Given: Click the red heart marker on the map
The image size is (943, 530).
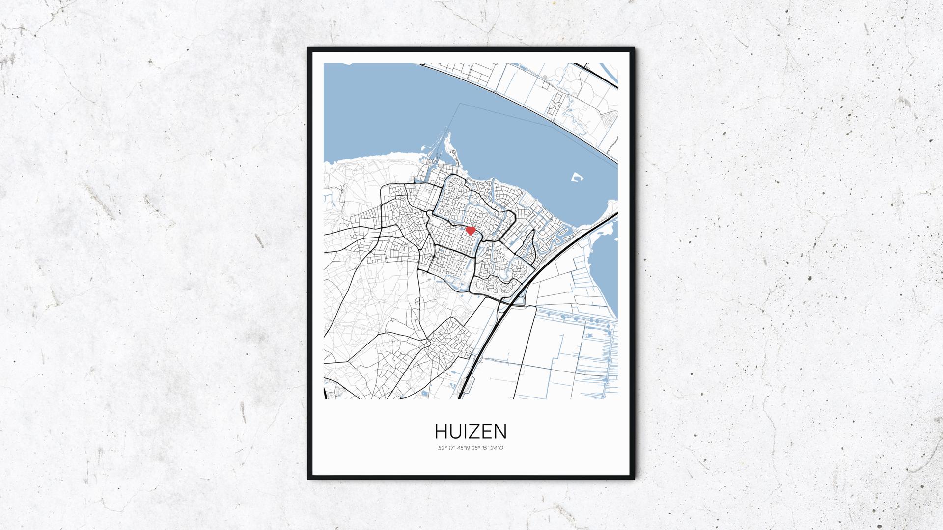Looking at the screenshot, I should click(x=471, y=230).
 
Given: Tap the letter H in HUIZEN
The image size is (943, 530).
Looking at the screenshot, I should click(x=441, y=431).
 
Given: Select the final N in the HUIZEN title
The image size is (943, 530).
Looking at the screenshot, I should click(x=500, y=431).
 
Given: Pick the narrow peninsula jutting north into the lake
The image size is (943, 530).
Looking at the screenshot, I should click(x=448, y=147).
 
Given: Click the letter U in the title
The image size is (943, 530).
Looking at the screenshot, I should click(x=456, y=431).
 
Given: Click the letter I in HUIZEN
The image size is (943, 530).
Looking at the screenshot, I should click(x=465, y=431).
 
